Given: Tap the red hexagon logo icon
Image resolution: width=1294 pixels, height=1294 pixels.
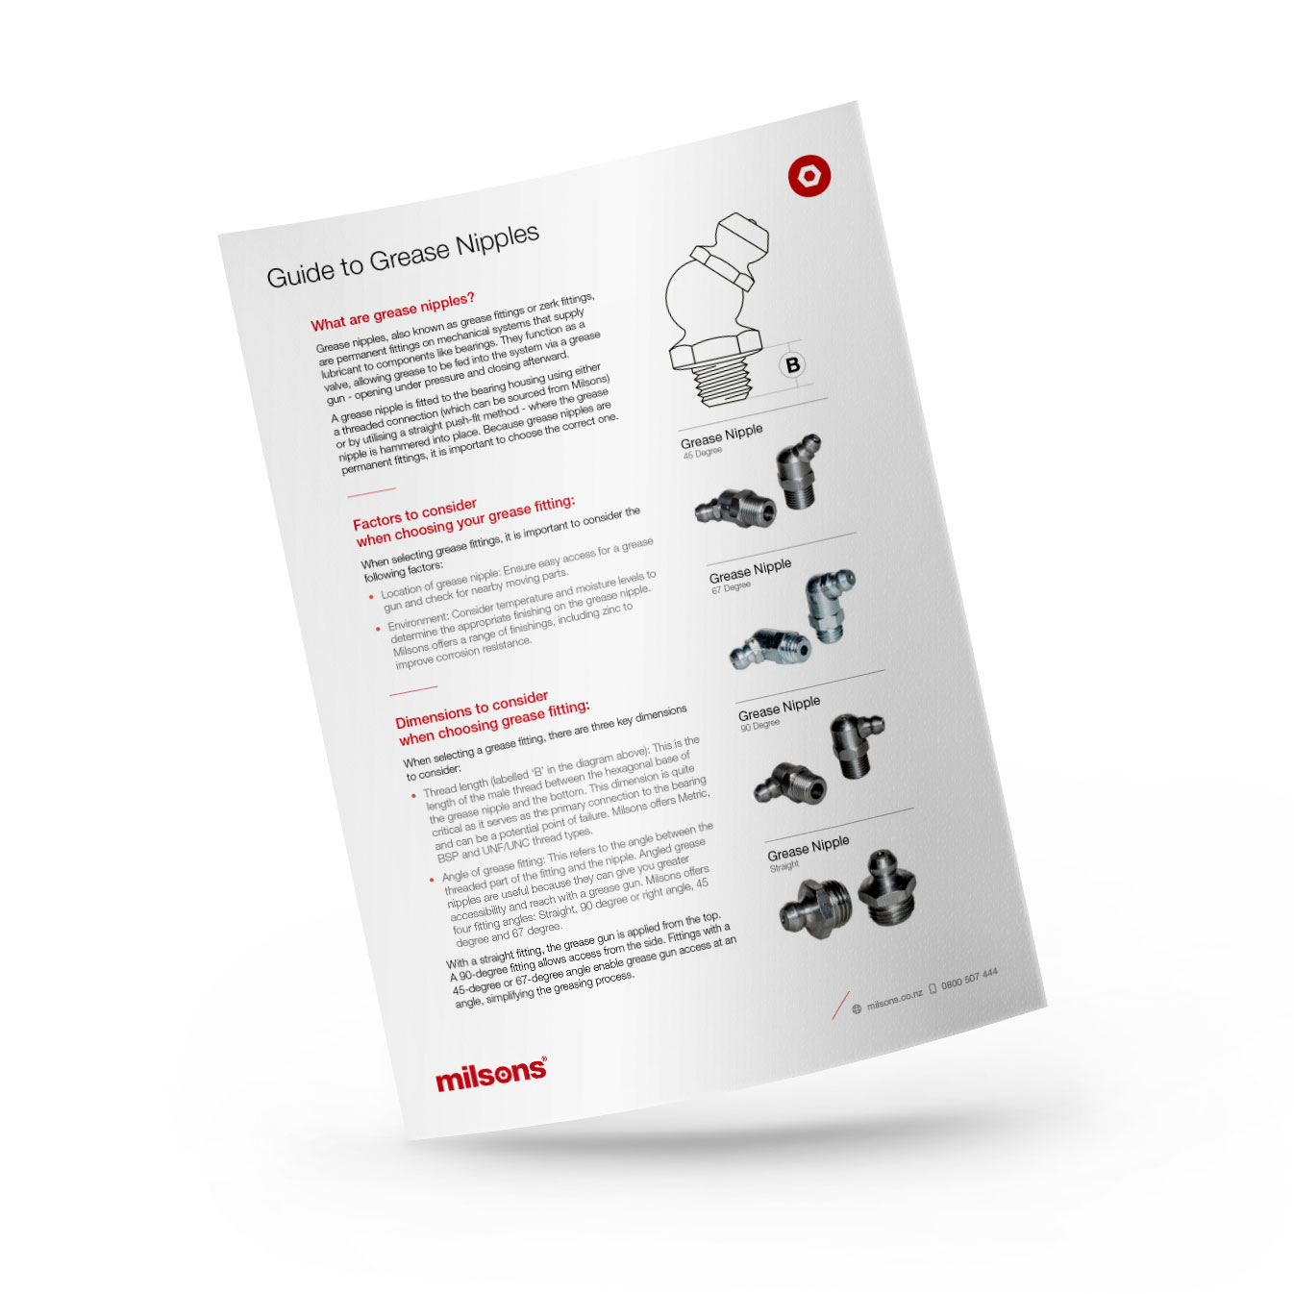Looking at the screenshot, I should [809, 177].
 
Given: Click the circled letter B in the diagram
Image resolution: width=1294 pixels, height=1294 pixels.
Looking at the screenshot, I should [792, 365].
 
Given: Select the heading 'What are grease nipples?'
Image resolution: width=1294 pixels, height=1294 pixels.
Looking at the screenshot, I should [392, 311].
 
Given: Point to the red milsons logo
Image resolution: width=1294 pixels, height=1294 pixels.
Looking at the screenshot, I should [490, 1075].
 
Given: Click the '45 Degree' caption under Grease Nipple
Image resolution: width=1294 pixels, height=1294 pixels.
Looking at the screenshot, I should [702, 453].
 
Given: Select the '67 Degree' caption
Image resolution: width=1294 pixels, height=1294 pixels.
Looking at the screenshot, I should [731, 587].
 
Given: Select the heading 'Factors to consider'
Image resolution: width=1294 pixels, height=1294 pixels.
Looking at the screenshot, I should [414, 514].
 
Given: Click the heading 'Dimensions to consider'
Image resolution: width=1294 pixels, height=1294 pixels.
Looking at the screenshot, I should [471, 709].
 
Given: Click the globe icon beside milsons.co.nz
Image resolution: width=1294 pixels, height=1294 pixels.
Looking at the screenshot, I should [857, 1009].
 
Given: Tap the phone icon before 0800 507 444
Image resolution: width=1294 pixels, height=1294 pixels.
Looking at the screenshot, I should [932, 989].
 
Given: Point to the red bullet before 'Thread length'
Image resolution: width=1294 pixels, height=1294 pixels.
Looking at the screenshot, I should [413, 796].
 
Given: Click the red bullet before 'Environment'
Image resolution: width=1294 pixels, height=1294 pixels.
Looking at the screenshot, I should [378, 629].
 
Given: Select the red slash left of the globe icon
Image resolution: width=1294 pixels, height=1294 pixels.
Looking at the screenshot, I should [840, 1005].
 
